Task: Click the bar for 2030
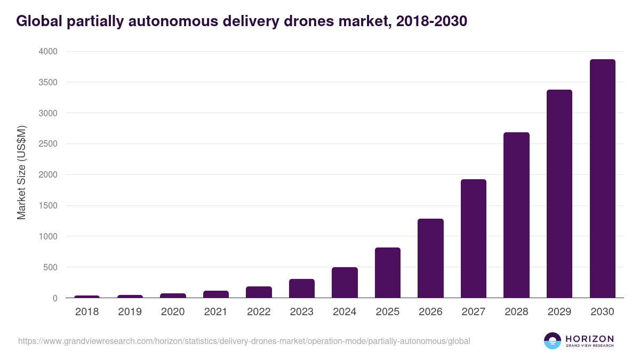click(x=602, y=179)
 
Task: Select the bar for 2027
click(x=474, y=238)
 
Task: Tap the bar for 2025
click(x=388, y=273)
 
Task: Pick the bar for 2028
click(x=516, y=215)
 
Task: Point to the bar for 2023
click(x=302, y=288)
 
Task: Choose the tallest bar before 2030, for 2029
click(x=559, y=194)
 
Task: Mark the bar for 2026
click(x=430, y=258)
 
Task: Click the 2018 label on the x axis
click(x=87, y=312)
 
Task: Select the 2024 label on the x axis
click(x=345, y=312)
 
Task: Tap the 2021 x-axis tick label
click(x=216, y=312)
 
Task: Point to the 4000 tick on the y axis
click(x=47, y=52)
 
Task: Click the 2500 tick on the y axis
click(x=47, y=144)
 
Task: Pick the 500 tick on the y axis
click(x=50, y=267)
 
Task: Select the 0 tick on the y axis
click(x=55, y=298)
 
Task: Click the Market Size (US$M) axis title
click(x=21, y=172)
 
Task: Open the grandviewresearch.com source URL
click(x=244, y=341)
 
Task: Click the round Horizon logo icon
click(x=553, y=341)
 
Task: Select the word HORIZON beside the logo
click(x=589, y=339)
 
